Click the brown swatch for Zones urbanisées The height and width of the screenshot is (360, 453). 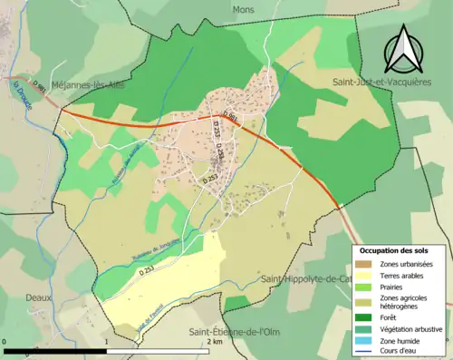click(x=368, y=264)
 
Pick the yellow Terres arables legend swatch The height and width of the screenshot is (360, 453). click(x=368, y=276)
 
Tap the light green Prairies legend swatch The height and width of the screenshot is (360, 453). click(x=368, y=287)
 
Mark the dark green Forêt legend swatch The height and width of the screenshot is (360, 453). click(x=368, y=316)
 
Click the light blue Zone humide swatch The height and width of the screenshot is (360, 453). click(x=368, y=340)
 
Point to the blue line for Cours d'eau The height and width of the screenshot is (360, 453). click(x=368, y=351)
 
